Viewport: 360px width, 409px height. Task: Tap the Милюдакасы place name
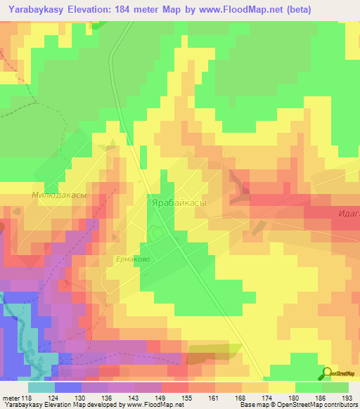click(x=58, y=196)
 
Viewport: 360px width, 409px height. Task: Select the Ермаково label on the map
click(x=133, y=259)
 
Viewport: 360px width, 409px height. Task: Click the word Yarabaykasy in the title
click(x=38, y=8)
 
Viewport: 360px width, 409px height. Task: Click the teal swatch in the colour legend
click(x=41, y=388)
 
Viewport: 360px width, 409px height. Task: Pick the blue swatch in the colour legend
click(x=67, y=388)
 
